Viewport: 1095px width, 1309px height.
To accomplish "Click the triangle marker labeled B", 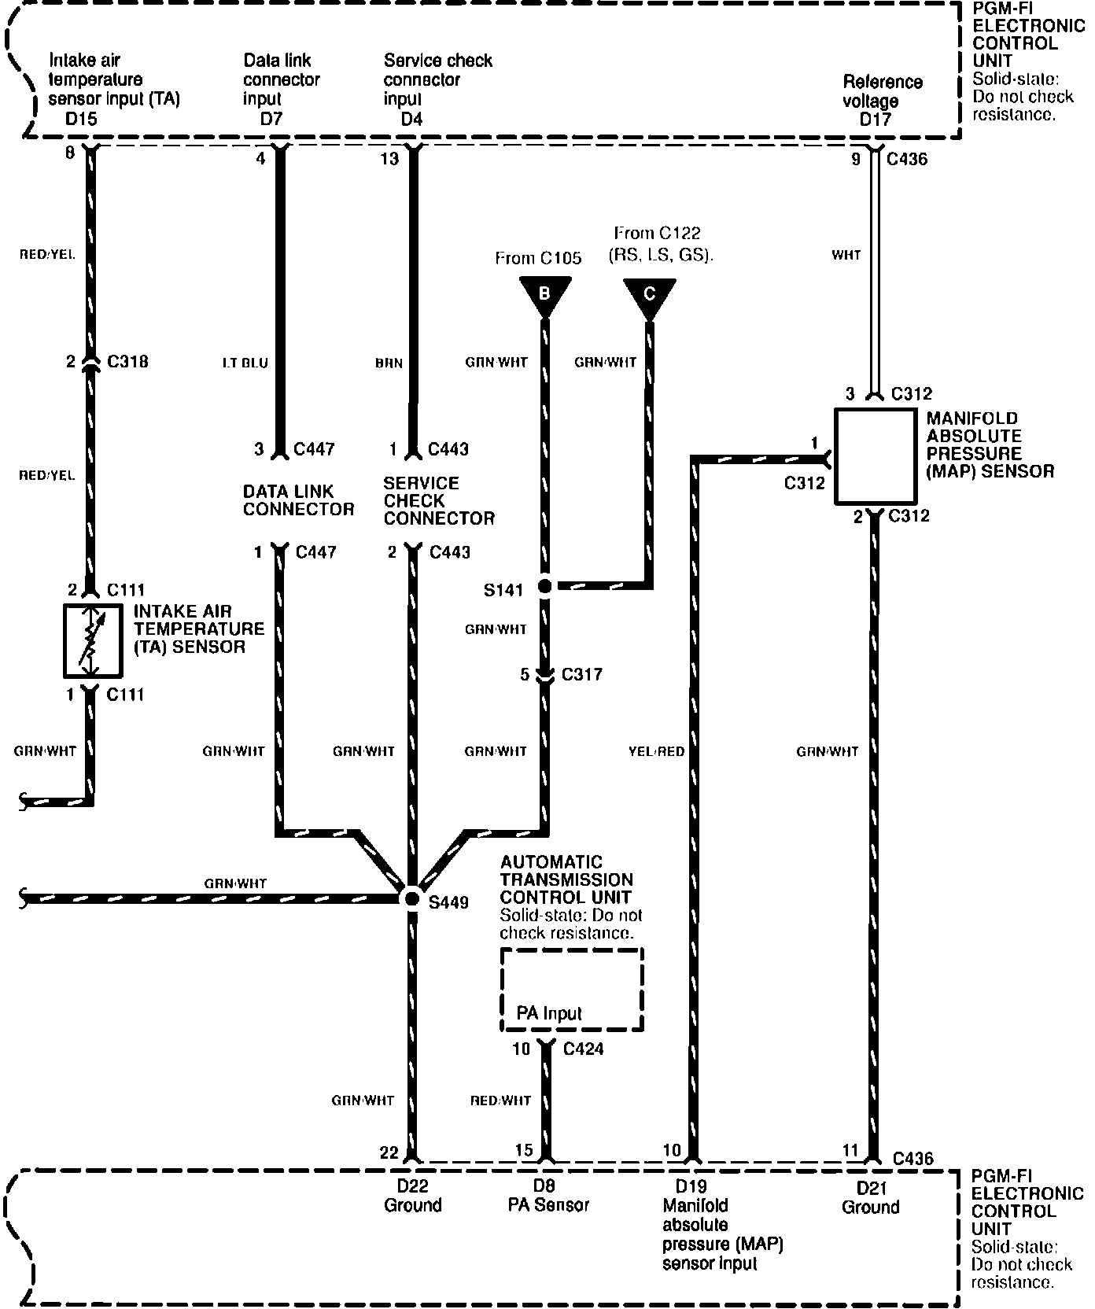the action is click(x=544, y=297).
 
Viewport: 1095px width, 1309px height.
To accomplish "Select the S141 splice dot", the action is click(x=544, y=586).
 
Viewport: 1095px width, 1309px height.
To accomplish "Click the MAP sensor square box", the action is click(x=874, y=456).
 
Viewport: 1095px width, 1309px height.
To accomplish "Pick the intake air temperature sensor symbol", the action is click(x=93, y=640).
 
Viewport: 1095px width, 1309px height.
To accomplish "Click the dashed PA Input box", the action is click(x=572, y=989).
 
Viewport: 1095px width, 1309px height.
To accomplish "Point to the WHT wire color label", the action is click(x=846, y=255).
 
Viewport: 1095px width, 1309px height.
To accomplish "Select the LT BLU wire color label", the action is click(x=245, y=363).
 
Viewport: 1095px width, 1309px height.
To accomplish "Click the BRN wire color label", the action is click(x=389, y=363).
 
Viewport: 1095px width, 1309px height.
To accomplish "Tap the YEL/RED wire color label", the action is click(x=657, y=751).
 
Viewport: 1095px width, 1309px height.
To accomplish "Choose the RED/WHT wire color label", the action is click(x=501, y=1101).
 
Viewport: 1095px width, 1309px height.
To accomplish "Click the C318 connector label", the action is click(x=127, y=362).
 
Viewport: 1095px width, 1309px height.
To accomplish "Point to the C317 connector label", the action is click(x=581, y=674).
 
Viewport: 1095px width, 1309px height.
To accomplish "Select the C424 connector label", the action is click(x=584, y=1049).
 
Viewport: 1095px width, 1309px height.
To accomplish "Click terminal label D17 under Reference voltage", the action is click(x=875, y=120).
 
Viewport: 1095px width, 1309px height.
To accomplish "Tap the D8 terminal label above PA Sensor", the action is click(x=544, y=1185).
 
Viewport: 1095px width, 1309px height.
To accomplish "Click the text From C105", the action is click(x=539, y=258).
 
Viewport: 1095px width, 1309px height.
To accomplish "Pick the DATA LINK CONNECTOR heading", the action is click(x=299, y=500).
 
